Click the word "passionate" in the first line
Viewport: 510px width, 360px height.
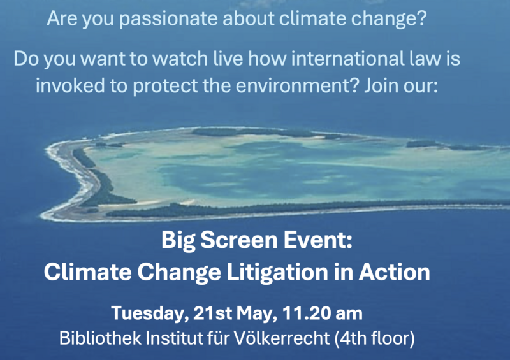pos(168,19)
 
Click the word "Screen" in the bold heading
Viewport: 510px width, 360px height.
pos(238,240)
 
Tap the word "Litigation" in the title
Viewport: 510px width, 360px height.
pos(277,273)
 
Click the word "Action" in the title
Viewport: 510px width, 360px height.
pos(394,272)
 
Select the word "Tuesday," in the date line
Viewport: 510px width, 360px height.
pos(150,313)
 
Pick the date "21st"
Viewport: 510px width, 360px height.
pos(212,313)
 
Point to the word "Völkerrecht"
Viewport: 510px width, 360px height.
pos(282,338)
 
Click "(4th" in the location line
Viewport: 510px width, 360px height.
pos(351,339)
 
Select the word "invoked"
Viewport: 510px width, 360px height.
pos(70,86)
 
